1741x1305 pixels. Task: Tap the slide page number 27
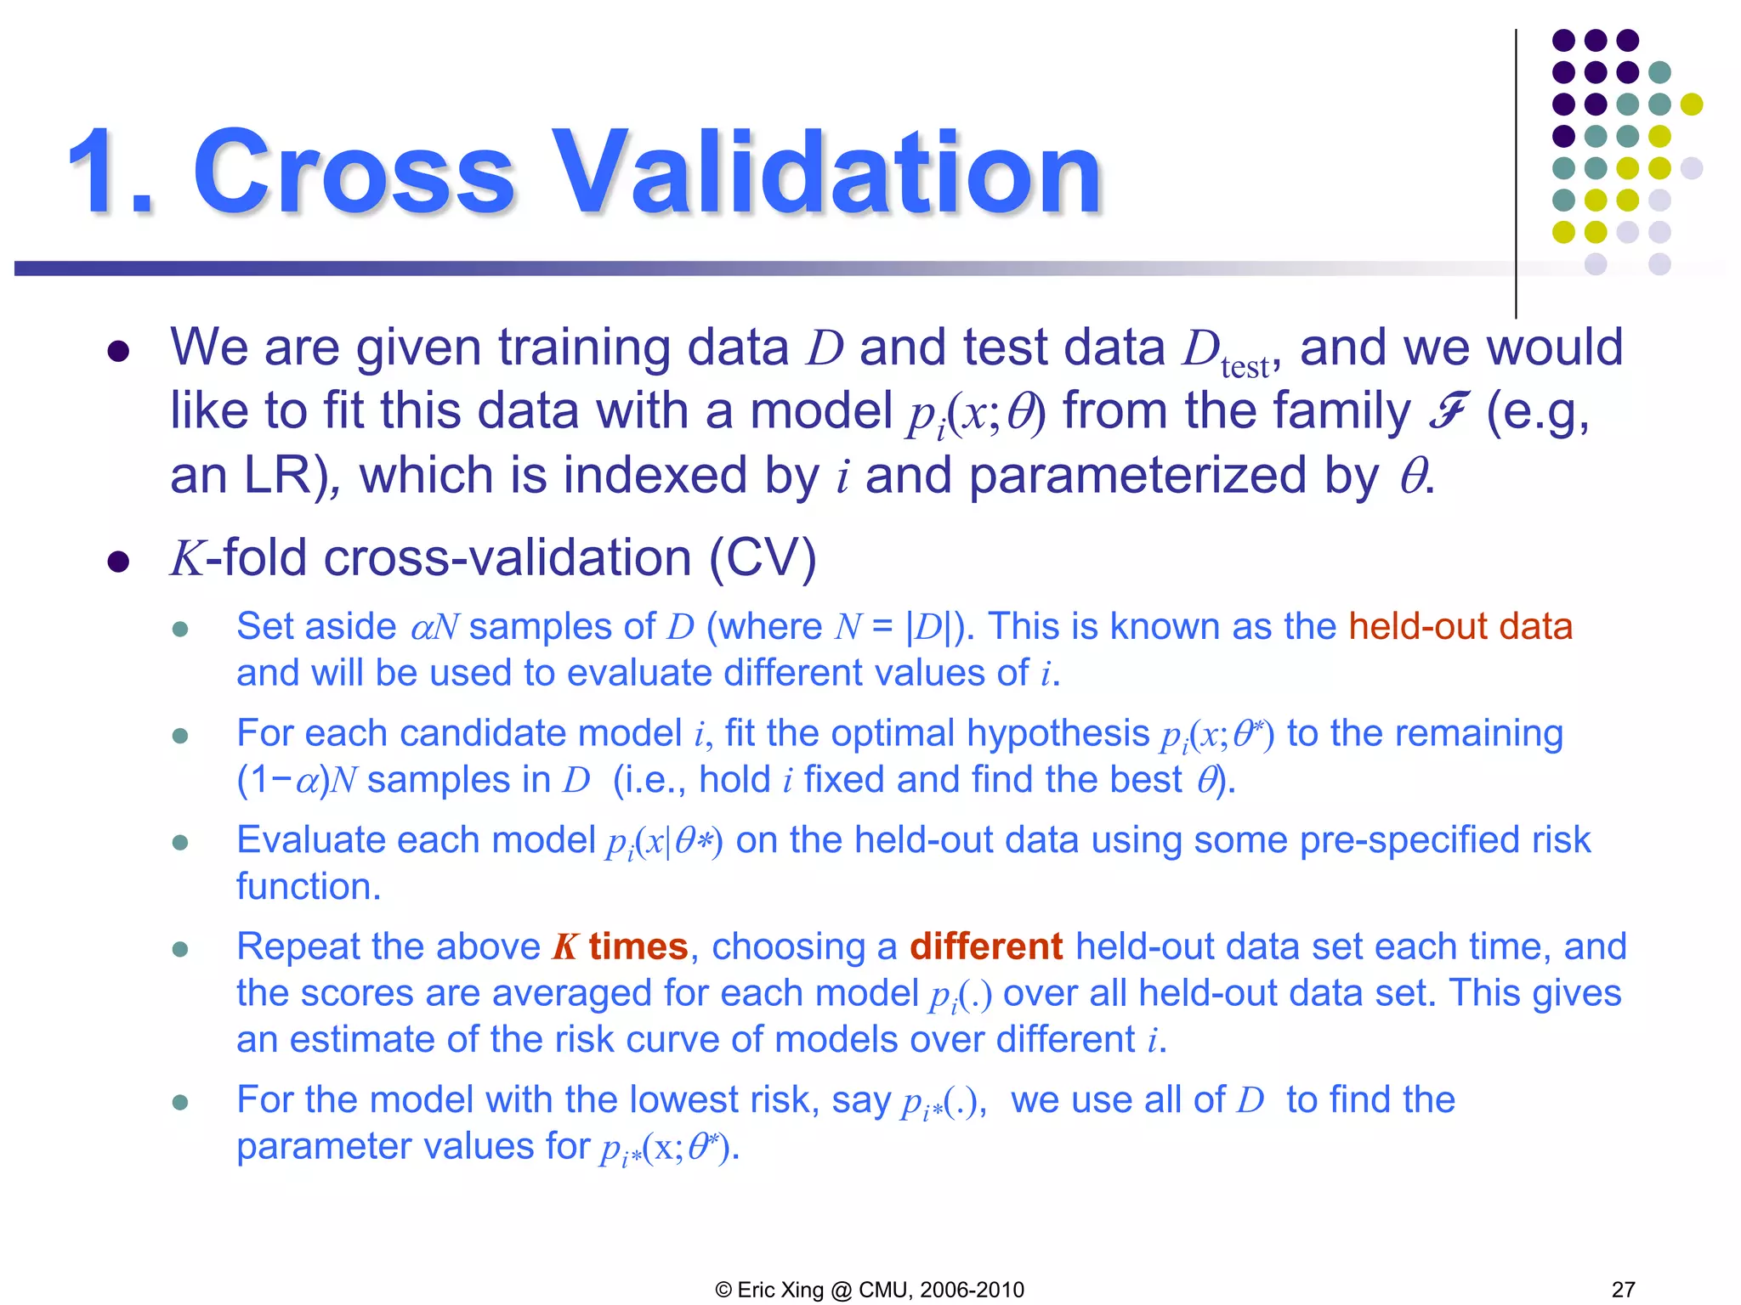(1623, 1289)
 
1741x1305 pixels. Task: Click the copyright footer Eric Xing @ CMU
(870, 1289)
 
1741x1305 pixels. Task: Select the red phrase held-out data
(1460, 627)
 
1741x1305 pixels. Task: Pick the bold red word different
(985, 946)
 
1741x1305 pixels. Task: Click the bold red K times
(620, 946)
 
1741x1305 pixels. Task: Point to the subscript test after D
(1245, 368)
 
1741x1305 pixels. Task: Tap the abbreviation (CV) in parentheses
(763, 558)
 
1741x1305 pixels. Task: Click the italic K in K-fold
(187, 559)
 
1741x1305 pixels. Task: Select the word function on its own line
(308, 887)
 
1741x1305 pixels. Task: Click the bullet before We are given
(118, 352)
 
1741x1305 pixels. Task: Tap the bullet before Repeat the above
(179, 949)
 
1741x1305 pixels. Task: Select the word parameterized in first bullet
(1137, 475)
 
